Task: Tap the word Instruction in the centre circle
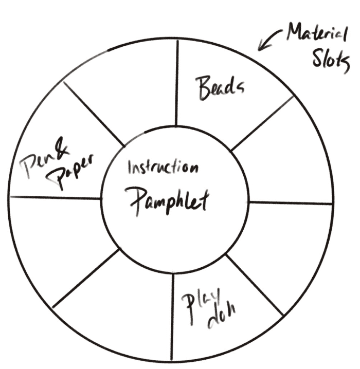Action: click(163, 168)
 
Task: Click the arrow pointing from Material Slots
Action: click(268, 43)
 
